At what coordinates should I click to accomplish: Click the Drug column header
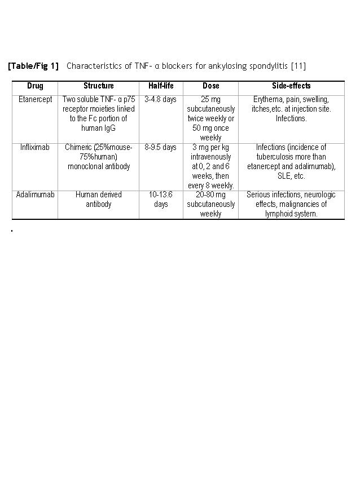click(x=35, y=86)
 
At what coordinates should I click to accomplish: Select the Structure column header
click(x=99, y=86)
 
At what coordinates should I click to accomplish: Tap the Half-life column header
click(x=161, y=86)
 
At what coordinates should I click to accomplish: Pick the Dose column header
click(x=210, y=86)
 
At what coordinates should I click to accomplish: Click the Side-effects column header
click(x=291, y=86)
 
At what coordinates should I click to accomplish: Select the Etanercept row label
click(x=35, y=100)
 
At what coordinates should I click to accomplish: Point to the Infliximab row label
click(x=35, y=148)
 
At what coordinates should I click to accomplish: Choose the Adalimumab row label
click(x=35, y=195)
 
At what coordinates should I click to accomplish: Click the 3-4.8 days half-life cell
click(x=161, y=100)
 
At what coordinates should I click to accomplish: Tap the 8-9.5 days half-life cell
click(x=161, y=148)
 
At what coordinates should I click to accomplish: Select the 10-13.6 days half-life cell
click(x=161, y=200)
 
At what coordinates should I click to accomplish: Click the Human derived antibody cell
click(x=99, y=200)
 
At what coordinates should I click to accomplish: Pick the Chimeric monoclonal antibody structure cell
click(x=99, y=157)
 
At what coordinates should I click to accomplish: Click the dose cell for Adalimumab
click(x=210, y=204)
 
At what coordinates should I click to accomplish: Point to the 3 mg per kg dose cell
click(x=210, y=166)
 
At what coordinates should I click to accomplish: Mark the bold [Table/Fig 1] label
click(x=33, y=67)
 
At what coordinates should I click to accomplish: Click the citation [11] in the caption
click(x=298, y=67)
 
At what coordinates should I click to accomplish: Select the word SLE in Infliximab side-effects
click(x=284, y=176)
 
